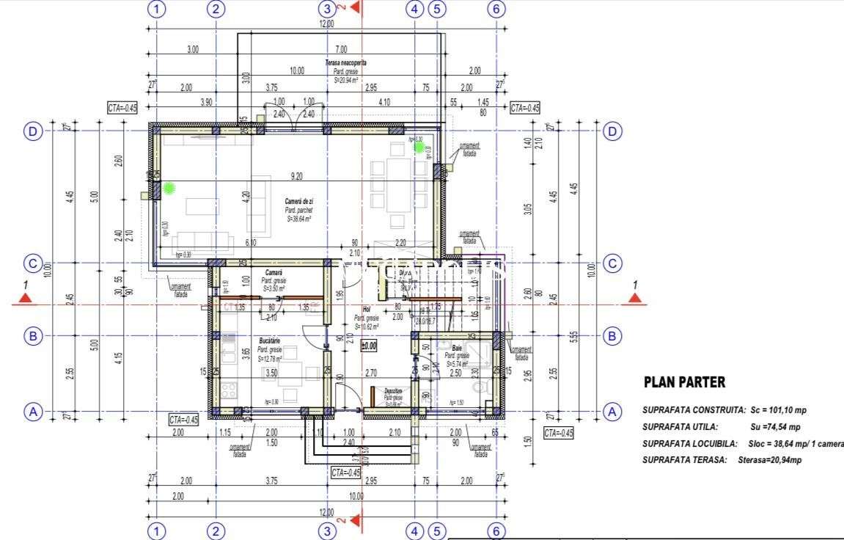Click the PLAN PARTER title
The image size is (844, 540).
pyautogui.click(x=684, y=382)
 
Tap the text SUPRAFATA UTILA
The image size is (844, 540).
pyautogui.click(x=680, y=426)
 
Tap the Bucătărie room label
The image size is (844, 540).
pyautogui.click(x=271, y=342)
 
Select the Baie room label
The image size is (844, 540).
pyautogui.click(x=457, y=348)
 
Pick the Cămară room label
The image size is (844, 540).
pyautogui.click(x=274, y=273)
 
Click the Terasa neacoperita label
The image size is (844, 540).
pyautogui.click(x=346, y=64)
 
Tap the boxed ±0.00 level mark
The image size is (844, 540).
pyautogui.click(x=368, y=345)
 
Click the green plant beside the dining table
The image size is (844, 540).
pyautogui.click(x=420, y=147)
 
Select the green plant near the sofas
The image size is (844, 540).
pyautogui.click(x=169, y=189)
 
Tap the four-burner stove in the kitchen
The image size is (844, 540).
pyautogui.click(x=227, y=390)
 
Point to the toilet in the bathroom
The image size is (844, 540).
pyautogui.click(x=481, y=386)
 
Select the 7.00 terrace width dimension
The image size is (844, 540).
pyautogui.click(x=342, y=50)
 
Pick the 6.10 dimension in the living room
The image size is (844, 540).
pyautogui.click(x=251, y=243)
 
